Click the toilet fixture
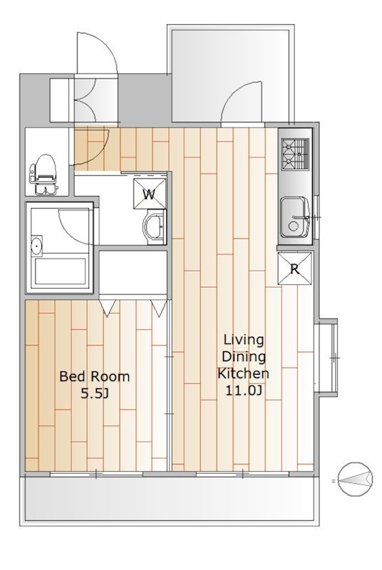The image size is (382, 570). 44,174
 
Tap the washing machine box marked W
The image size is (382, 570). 150,194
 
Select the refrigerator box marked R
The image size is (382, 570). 295,269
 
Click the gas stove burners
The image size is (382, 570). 295,154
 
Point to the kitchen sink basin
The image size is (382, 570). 295,218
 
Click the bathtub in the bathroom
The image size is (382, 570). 60,272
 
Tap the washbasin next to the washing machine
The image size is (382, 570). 153,228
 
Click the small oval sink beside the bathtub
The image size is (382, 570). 36,246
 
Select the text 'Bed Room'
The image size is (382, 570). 95,376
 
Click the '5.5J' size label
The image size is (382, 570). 95,393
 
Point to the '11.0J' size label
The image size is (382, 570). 244,390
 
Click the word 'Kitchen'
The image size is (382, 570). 243,373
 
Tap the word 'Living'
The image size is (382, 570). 244,341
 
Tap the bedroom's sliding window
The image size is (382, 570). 96,474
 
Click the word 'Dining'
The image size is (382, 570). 244,358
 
